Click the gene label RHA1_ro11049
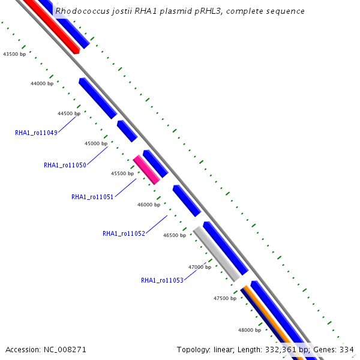(x=36, y=133)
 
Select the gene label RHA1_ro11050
(x=65, y=165)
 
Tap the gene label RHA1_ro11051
(x=92, y=197)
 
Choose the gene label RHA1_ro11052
(x=124, y=233)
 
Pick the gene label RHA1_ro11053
(x=162, y=280)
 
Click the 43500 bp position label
(x=14, y=54)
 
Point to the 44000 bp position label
(x=42, y=83)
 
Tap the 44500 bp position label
(x=69, y=113)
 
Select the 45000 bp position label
(x=96, y=143)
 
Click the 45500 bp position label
(x=122, y=173)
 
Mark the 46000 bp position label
(x=149, y=205)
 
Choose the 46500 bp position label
(x=175, y=235)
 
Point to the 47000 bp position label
(x=200, y=267)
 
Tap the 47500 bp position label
(x=225, y=298)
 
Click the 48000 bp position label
(x=250, y=330)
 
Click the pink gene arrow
(x=146, y=169)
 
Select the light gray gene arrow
(x=216, y=253)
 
